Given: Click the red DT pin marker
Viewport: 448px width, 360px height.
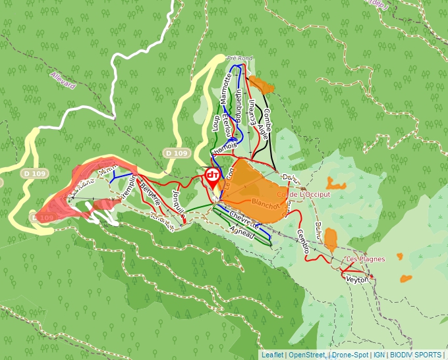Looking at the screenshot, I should pyautogui.click(x=213, y=175).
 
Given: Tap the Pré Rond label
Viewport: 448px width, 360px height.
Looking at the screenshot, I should pyautogui.click(x=239, y=58).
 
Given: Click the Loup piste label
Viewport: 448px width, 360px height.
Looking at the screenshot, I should pyautogui.click(x=215, y=122).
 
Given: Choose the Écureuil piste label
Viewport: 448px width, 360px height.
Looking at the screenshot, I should pyautogui.click(x=252, y=111).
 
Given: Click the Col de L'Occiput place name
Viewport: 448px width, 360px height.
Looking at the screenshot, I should pyautogui.click(x=304, y=195).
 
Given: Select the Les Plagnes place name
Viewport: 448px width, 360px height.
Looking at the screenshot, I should pyautogui.click(x=366, y=259).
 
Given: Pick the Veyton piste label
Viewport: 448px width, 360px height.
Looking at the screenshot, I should pyautogui.click(x=357, y=280).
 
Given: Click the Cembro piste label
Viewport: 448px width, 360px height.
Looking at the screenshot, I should pyautogui.click(x=303, y=241).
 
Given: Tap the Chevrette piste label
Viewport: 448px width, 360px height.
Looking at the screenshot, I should pyautogui.click(x=242, y=219).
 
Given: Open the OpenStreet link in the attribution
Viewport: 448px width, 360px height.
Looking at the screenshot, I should pyautogui.click(x=307, y=355).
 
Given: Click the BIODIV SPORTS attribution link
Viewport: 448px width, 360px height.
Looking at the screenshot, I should pyautogui.click(x=415, y=355).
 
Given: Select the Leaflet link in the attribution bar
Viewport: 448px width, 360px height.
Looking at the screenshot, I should pyautogui.click(x=273, y=355).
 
